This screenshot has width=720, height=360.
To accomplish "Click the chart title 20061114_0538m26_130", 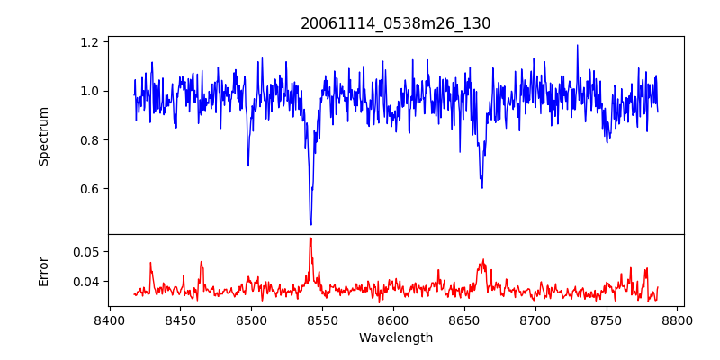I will pyautogui.click(x=396, y=23).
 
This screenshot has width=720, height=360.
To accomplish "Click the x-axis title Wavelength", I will pyautogui.click(x=396, y=337).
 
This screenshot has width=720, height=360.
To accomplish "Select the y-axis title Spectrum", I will pyautogui.click(x=44, y=136).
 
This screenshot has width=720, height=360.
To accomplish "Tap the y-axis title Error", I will pyautogui.click(x=44, y=270).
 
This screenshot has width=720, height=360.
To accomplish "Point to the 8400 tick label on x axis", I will pyautogui.click(x=109, y=319).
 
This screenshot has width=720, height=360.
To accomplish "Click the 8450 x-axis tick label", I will pyautogui.click(x=180, y=319).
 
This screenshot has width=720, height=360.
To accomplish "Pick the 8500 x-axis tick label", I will pyautogui.click(x=251, y=319).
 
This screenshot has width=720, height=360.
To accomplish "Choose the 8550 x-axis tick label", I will pyautogui.click(x=322, y=319).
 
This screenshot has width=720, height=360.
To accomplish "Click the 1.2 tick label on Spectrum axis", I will pyautogui.click(x=90, y=42).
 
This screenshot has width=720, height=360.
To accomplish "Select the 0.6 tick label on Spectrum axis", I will pyautogui.click(x=90, y=189).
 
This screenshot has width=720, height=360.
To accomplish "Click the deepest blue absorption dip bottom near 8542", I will pyautogui.click(x=310, y=224).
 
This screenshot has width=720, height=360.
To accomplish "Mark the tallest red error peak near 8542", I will pyautogui.click(x=310, y=238).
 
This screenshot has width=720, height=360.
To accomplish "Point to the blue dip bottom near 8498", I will pyautogui.click(x=248, y=166).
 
